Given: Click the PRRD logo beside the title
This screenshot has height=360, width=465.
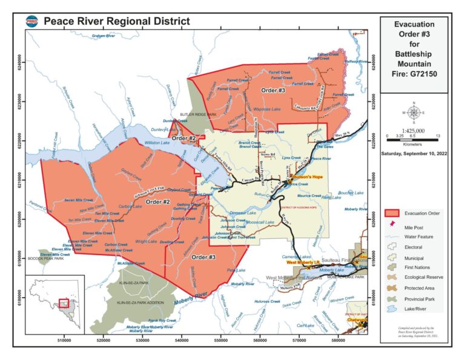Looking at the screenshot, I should pyautogui.click(x=33, y=21).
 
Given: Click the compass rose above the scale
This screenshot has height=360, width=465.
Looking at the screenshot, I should pyautogui.click(x=414, y=113).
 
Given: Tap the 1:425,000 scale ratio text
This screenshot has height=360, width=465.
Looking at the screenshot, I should pyautogui.click(x=414, y=130).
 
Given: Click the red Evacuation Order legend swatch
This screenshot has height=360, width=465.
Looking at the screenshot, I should pyautogui.click(x=394, y=213).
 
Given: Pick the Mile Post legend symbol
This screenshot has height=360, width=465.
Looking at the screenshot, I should pyautogui.click(x=394, y=224).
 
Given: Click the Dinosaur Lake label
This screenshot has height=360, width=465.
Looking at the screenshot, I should pyautogui.click(x=244, y=213).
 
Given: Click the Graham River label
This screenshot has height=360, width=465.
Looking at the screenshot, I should pyautogui.click(x=103, y=36).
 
